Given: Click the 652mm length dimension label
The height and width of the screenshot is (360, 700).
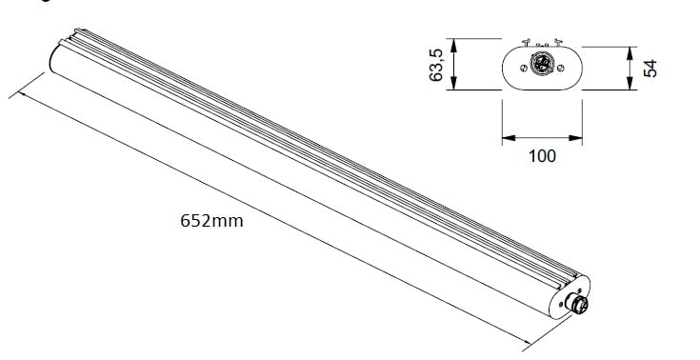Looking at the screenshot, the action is [211, 221].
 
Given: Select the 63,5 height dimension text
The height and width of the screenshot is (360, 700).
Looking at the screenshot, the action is [436, 65].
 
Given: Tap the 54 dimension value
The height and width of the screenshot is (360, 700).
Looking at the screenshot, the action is [650, 69].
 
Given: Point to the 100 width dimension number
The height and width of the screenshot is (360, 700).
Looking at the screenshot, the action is [543, 156].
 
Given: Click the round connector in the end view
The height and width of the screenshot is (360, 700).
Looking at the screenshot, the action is [542, 64].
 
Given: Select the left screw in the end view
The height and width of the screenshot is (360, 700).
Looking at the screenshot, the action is [524, 68].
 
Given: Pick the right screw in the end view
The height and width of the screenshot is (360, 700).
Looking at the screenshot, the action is [561, 68].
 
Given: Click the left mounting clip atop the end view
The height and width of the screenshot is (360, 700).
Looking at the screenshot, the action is [527, 43].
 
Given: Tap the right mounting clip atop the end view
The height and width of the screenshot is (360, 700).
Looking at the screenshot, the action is [557, 43].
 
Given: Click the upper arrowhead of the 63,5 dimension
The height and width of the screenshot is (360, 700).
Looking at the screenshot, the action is [453, 45].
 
